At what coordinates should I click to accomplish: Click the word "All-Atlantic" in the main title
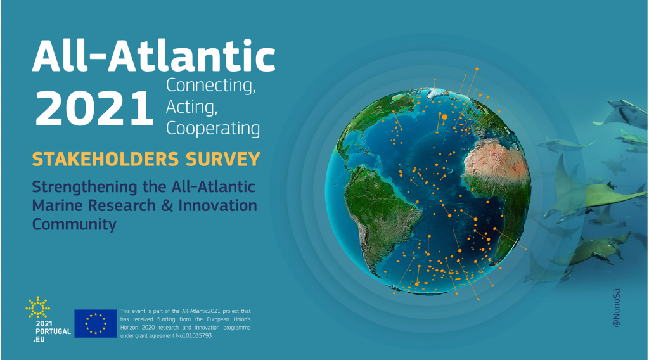tap(153, 56)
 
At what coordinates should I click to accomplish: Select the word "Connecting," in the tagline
tap(210, 86)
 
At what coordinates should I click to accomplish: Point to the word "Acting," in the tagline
tap(191, 107)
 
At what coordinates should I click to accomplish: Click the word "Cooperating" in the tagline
tap(213, 128)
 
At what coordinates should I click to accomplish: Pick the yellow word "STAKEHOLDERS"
tap(106, 159)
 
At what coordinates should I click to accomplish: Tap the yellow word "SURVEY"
tap(223, 159)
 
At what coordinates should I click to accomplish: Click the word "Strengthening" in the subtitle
tap(84, 187)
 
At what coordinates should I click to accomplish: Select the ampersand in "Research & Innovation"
tap(167, 205)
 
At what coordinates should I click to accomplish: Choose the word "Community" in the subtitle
tap(74, 224)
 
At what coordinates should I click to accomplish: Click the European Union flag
tap(96, 323)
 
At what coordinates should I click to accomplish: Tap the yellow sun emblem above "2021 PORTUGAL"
tap(37, 307)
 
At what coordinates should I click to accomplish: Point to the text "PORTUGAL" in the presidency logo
tap(53, 331)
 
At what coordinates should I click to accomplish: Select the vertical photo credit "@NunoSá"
tap(616, 308)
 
